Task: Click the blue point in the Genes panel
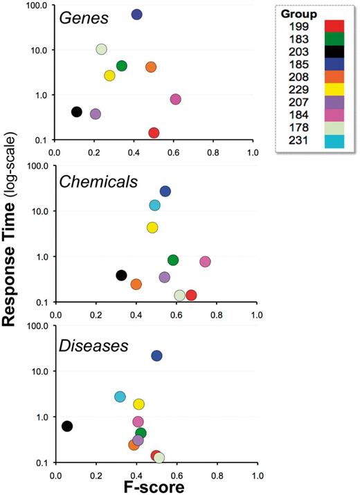pyautogui.click(x=137, y=15)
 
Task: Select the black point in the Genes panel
pyautogui.click(x=77, y=112)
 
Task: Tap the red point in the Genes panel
pyautogui.click(x=154, y=133)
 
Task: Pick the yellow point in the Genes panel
pyautogui.click(x=109, y=75)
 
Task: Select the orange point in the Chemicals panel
pyautogui.click(x=136, y=285)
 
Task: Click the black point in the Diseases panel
pyautogui.click(x=67, y=426)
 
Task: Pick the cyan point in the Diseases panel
pyautogui.click(x=120, y=397)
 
